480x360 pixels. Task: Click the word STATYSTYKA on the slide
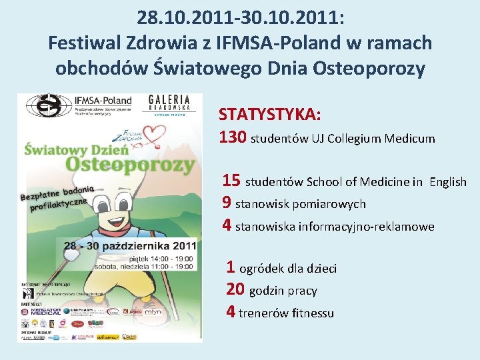270,114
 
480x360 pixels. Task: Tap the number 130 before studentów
233,138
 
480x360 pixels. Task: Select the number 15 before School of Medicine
231,181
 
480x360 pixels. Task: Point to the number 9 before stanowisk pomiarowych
227,203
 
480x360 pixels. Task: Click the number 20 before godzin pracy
235,290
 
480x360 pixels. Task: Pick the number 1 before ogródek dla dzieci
231,268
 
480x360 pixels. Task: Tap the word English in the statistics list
447,182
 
